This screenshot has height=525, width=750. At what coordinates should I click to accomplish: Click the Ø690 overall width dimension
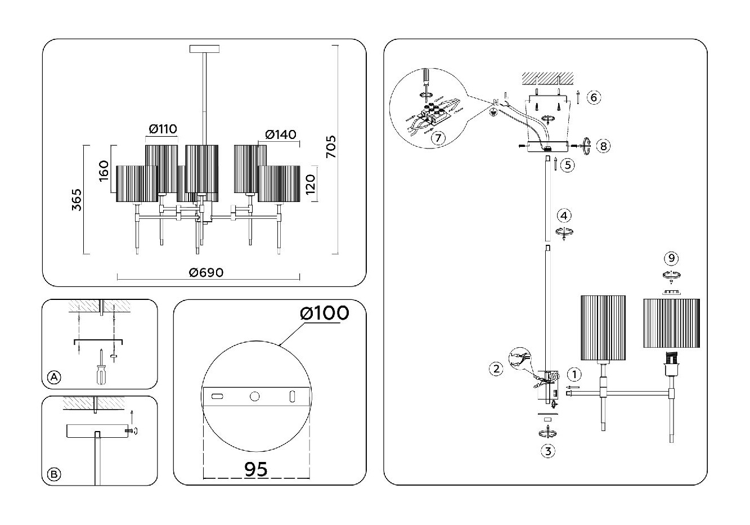[x=206, y=272]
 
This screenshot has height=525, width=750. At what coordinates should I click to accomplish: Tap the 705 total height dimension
[x=331, y=147]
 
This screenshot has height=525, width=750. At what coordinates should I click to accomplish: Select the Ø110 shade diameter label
[x=163, y=129]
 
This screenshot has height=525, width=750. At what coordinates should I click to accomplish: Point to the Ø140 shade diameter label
[x=281, y=134]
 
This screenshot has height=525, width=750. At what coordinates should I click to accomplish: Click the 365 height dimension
[x=77, y=200]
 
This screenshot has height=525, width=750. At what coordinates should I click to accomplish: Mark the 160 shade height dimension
[x=104, y=171]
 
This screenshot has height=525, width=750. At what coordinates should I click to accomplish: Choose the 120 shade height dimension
[x=311, y=184]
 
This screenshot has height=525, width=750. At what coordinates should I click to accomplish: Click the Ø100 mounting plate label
[x=325, y=313]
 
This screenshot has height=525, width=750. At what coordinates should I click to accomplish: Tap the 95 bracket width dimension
[x=256, y=469]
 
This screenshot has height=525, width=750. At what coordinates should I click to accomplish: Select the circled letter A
[x=54, y=378]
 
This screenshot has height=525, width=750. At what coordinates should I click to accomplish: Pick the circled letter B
[x=54, y=474]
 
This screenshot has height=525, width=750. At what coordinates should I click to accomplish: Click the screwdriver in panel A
[x=101, y=367]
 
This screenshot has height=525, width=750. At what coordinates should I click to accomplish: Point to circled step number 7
[x=438, y=138]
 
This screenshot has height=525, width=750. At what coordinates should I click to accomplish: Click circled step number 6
[x=594, y=97]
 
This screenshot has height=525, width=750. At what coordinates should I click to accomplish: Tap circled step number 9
[x=671, y=258]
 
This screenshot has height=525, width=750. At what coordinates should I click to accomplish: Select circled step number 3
[x=548, y=451]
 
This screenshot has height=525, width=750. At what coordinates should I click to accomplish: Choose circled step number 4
[x=564, y=216]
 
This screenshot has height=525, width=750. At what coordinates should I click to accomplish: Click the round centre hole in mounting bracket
[x=254, y=397]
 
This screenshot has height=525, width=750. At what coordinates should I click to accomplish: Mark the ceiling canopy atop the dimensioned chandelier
[x=205, y=49]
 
